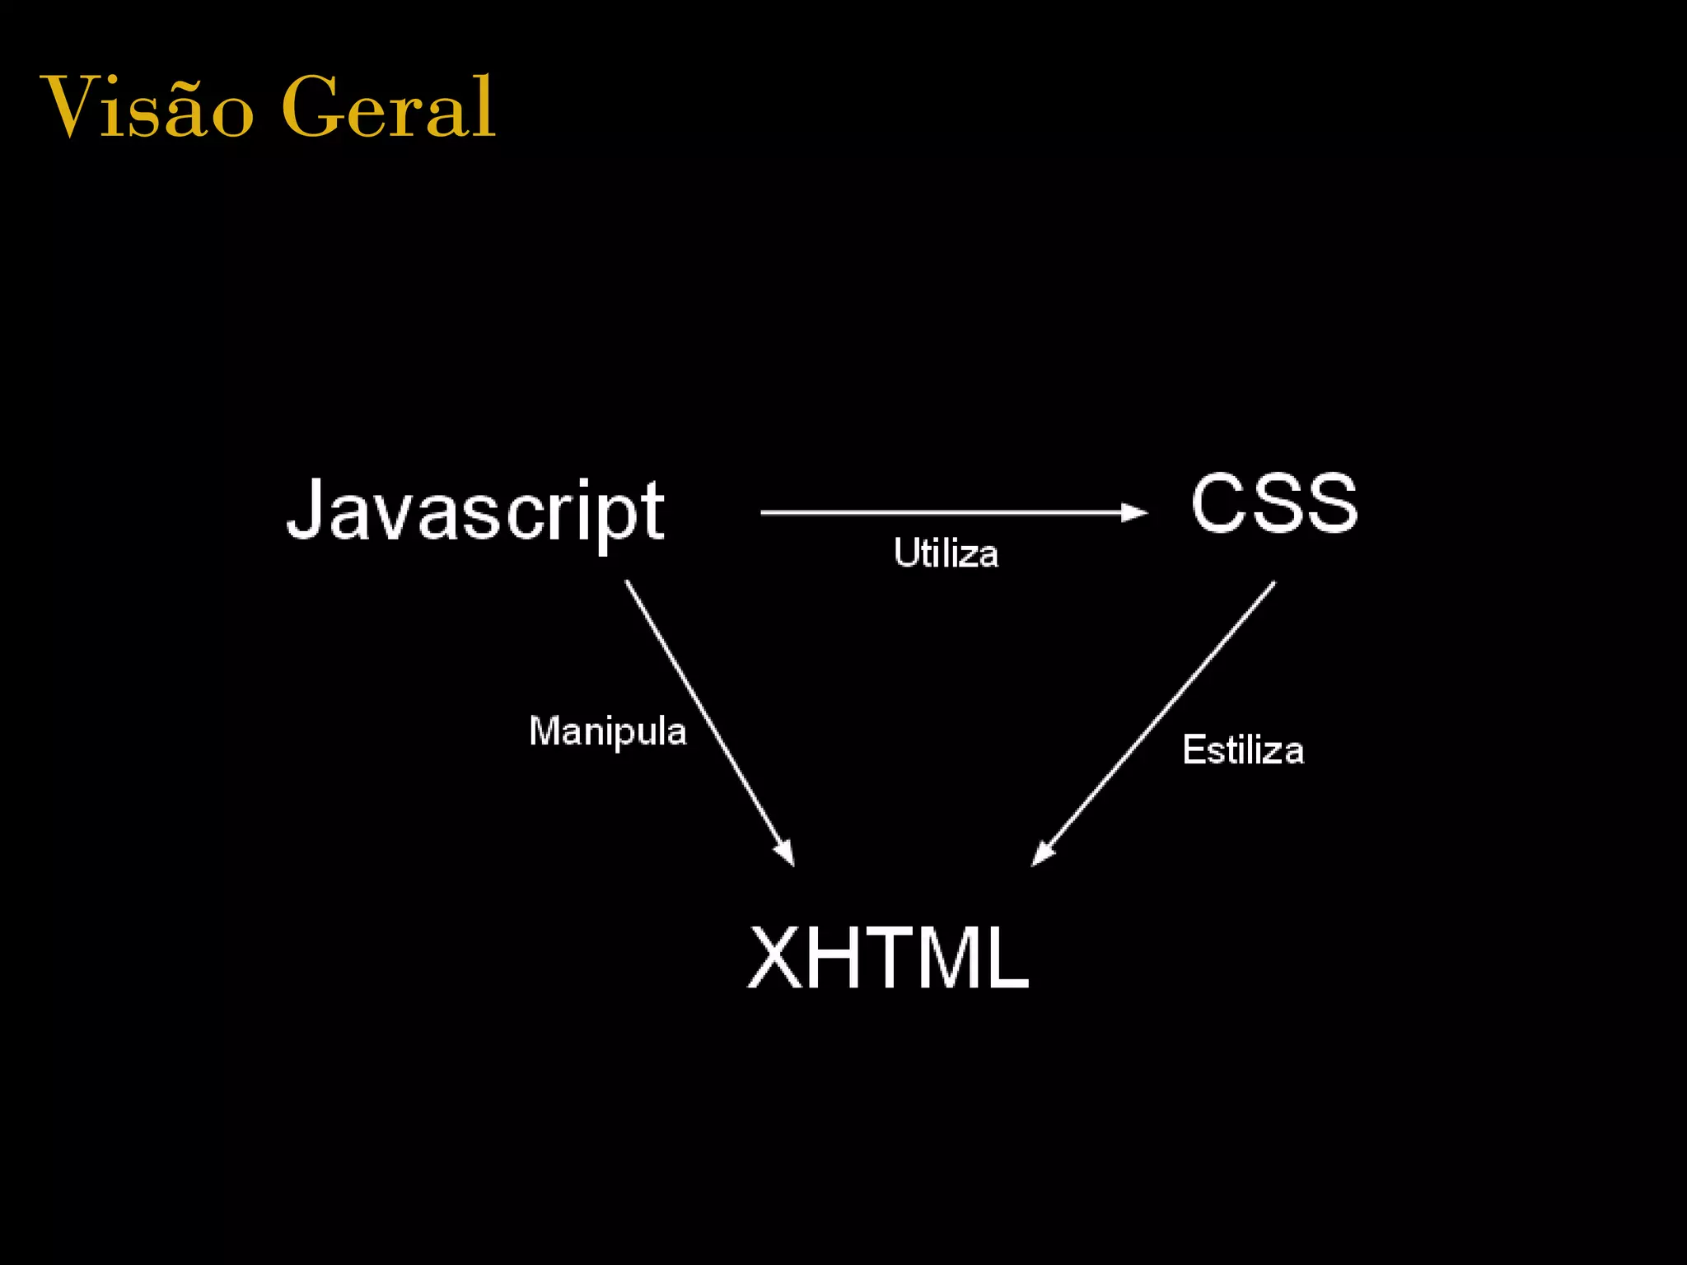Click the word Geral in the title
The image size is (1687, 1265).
point(387,107)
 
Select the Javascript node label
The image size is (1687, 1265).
point(475,511)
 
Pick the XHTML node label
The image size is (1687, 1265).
point(888,957)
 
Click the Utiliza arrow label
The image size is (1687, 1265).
point(946,553)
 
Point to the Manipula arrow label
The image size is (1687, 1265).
point(607,731)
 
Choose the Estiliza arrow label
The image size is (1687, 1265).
point(1243,750)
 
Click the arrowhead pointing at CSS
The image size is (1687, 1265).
point(1135,512)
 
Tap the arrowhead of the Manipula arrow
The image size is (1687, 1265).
point(784,852)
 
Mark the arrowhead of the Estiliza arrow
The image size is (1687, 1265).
point(1043,853)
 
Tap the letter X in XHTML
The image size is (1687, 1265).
point(775,957)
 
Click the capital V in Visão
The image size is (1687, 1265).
point(69,105)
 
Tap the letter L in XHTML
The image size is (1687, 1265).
point(1007,957)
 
